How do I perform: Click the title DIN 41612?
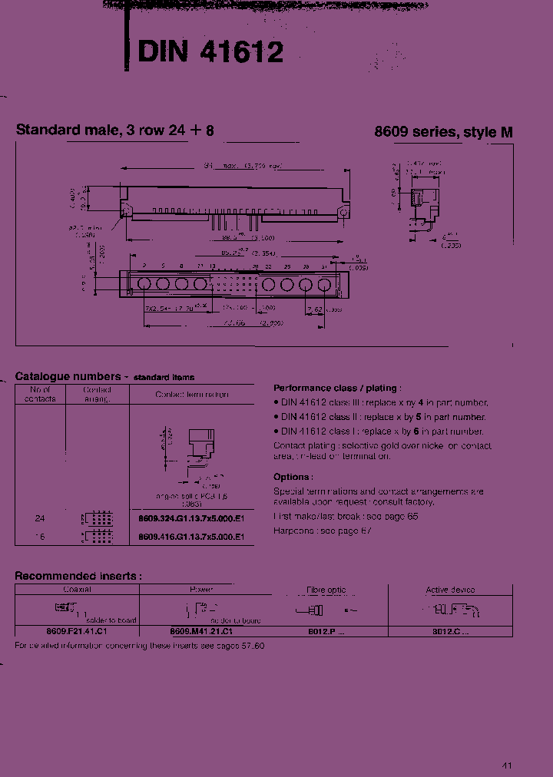coord(211,51)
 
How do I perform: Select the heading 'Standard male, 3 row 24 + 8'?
coord(115,131)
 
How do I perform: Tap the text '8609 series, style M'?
coord(443,132)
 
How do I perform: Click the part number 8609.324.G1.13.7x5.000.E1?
coord(191,518)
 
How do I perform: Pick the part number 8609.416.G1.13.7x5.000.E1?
coord(191,537)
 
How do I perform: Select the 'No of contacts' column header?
coord(40,394)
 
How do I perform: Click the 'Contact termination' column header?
coord(191,394)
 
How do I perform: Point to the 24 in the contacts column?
coord(40,518)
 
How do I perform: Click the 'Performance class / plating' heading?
coord(336,388)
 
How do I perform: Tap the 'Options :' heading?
coord(293,477)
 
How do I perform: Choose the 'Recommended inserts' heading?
coord(78,575)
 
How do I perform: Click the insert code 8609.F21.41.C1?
coord(76,630)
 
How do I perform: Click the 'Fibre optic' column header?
coord(326,590)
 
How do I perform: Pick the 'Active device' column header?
coord(450,590)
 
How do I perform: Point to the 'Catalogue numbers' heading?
coord(68,376)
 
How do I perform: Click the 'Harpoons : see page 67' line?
coord(323,531)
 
